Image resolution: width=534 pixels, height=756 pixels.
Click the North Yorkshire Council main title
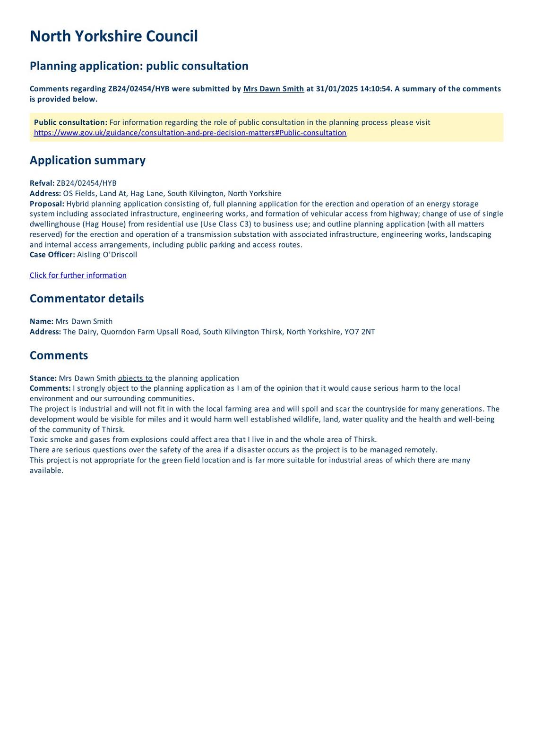tap(113, 36)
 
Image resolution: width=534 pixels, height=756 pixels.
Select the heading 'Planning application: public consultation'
tap(139, 66)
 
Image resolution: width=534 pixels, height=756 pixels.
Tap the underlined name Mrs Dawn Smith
tap(273, 89)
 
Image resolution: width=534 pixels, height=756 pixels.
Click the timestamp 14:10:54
tap(376, 89)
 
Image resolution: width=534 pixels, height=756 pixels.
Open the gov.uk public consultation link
tap(190, 133)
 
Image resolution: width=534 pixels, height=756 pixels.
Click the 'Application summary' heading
tap(87, 160)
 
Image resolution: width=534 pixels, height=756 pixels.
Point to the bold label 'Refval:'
tap(42, 183)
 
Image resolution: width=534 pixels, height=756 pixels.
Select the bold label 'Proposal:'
tap(47, 204)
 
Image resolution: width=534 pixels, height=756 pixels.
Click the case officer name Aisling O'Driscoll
tap(107, 255)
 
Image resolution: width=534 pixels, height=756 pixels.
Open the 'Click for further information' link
tap(78, 275)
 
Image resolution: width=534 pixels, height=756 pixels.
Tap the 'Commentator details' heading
tap(86, 299)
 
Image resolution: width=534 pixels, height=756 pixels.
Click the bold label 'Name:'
tap(42, 321)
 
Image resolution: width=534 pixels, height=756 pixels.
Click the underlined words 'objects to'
tap(135, 378)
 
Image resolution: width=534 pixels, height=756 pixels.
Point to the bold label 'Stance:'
tap(43, 378)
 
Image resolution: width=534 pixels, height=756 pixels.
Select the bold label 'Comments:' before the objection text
tap(50, 388)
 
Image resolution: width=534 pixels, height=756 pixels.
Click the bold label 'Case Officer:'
tap(52, 255)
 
